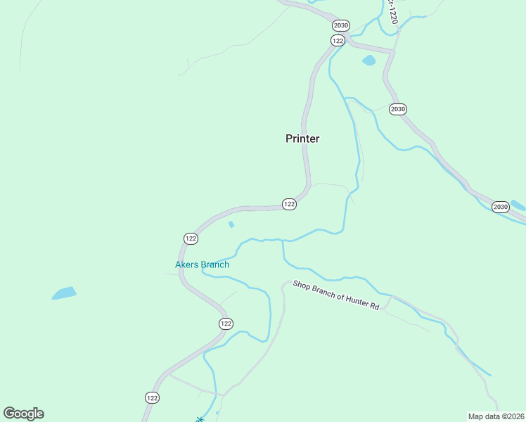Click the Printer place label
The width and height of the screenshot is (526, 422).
tap(302, 139)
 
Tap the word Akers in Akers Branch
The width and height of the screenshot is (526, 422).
tap(187, 265)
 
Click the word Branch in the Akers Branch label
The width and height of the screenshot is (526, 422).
tap(215, 265)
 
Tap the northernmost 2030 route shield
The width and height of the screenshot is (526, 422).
tap(341, 25)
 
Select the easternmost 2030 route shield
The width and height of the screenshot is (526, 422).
tap(500, 207)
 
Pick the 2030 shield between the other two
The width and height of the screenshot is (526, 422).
tap(398, 109)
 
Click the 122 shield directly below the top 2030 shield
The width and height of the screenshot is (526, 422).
tap(338, 40)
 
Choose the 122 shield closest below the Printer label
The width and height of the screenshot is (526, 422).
tap(289, 204)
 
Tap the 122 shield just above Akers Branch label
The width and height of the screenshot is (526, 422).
tap(191, 238)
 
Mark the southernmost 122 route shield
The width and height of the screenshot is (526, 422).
tap(152, 397)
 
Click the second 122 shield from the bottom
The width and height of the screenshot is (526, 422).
tap(225, 324)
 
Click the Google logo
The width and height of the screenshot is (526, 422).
tap(23, 414)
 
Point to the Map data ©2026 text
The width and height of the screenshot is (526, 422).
tap(496, 416)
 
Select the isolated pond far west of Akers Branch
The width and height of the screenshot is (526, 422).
tap(63, 293)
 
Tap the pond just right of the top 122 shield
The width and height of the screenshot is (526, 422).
tap(368, 60)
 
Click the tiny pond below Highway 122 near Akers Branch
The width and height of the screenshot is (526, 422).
tap(231, 224)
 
